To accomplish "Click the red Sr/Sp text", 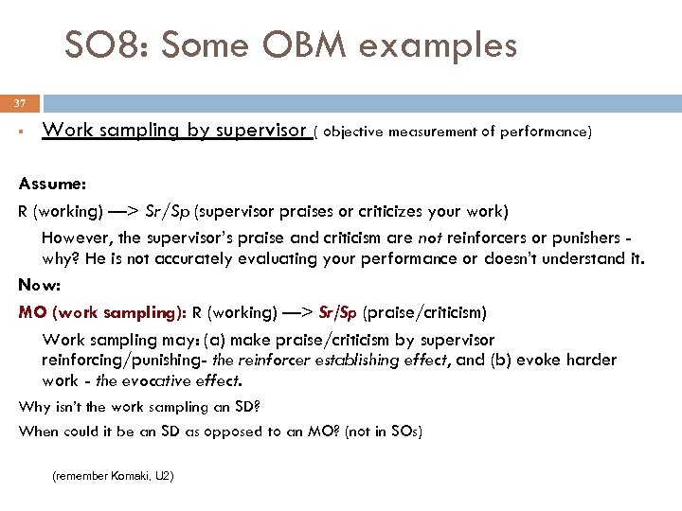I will coord(338,312).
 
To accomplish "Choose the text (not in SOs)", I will coord(385,432).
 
